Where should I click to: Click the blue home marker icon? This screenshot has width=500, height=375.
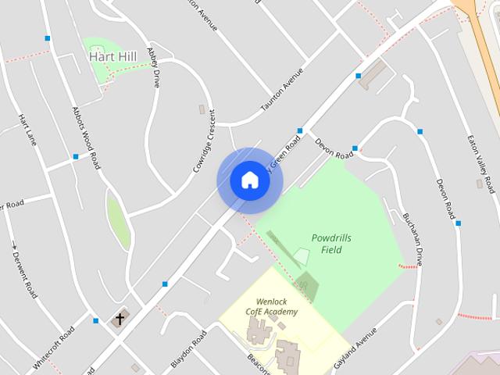pos(249,180)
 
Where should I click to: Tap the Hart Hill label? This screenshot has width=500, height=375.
pos(114,57)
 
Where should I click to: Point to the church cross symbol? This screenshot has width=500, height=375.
pos(120,319)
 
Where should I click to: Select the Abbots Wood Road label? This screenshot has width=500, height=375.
pos(86,138)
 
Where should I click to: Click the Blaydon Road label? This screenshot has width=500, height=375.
pos(188,348)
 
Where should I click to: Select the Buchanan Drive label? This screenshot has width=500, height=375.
pos(412,238)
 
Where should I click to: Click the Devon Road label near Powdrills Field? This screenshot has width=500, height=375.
pos(334,148)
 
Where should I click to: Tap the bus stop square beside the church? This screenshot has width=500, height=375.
pos(96,320)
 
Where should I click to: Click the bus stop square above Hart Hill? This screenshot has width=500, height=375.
pos(48,37)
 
